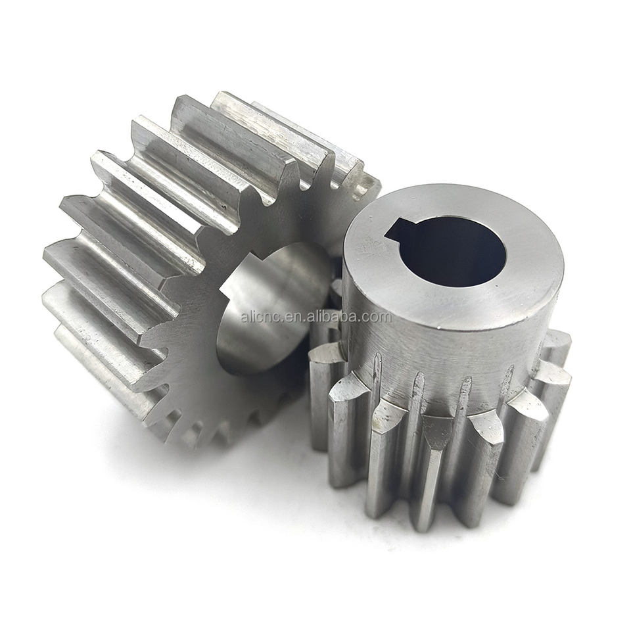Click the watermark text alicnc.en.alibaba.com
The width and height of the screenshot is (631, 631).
316,317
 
